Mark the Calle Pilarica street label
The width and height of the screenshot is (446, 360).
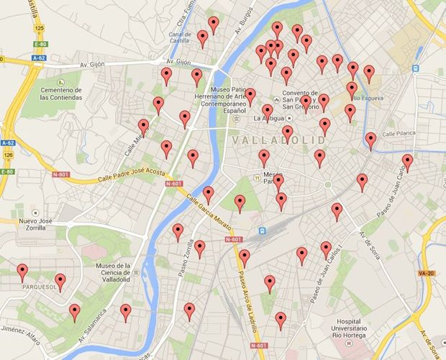[399, 134]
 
